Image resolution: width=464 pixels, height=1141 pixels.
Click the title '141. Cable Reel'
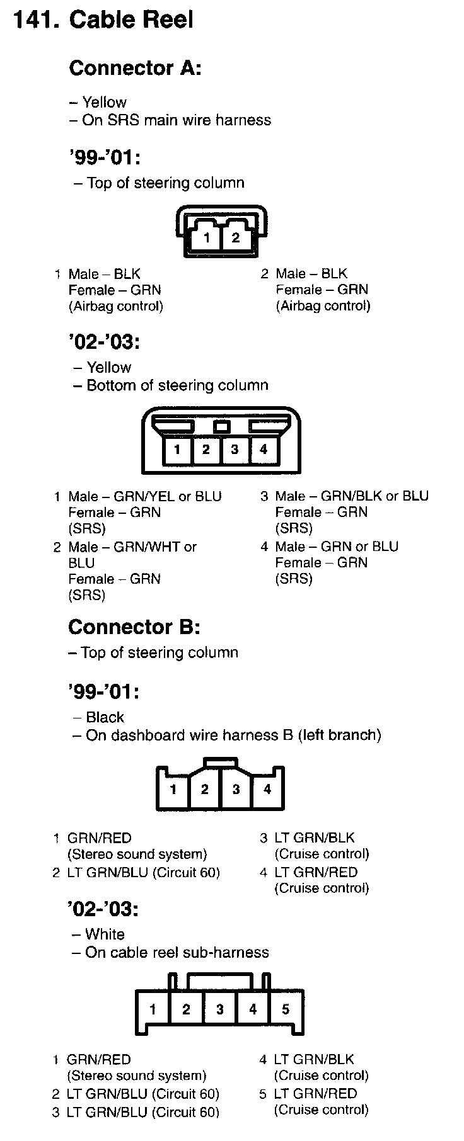pos(103,20)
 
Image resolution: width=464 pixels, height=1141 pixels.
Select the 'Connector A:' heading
pos(135,68)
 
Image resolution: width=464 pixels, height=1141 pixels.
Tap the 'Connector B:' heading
pos(134,627)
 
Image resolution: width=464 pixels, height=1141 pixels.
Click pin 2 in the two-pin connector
pos(235,237)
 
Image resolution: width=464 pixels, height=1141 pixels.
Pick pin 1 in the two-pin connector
pos(206,238)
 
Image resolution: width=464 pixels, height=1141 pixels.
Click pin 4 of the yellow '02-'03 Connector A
pos(264,449)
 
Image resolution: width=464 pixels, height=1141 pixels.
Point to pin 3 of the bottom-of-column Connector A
pos(235,449)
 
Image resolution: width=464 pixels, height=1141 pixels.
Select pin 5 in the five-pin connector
pos(286,1009)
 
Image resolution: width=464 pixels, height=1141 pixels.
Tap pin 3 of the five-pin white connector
pos(219,1009)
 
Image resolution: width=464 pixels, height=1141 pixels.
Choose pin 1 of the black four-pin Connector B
pos(173,789)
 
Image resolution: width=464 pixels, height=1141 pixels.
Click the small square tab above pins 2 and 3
pos(221,426)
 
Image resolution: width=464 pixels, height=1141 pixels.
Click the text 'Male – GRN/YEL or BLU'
pos(145,496)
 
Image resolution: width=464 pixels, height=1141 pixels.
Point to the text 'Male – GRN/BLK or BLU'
pos(352,496)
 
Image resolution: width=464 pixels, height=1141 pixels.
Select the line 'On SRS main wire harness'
pos(176,120)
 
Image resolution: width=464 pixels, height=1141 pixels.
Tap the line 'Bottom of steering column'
pos(177,385)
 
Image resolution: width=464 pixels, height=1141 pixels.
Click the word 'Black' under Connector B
pos(105,717)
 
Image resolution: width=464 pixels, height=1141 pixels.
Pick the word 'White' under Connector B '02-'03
pos(105,934)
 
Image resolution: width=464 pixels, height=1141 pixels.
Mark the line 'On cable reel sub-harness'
pos(177,952)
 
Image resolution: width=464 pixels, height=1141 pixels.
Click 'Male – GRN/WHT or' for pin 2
pos(132,547)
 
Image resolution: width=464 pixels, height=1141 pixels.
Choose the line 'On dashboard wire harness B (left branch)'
pos(233,735)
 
